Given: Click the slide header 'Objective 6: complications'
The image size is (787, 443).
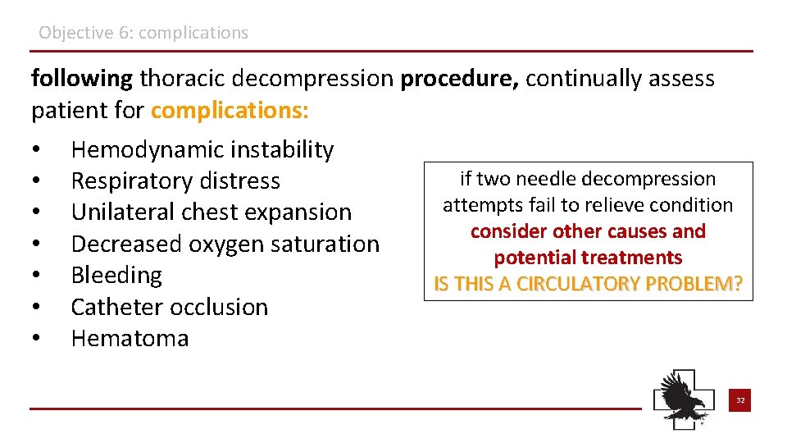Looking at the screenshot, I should pos(143,34).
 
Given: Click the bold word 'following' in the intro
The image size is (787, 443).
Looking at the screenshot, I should pos(81,79).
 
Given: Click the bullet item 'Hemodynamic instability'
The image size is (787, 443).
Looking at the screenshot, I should pos(202,150).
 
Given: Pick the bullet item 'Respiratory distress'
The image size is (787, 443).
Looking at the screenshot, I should pos(175,181).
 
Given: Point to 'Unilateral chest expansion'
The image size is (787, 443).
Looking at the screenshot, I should pos(211,212).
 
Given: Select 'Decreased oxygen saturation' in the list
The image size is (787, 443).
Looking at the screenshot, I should pos(225,244).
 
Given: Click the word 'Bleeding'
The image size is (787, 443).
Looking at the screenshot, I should pos(116,275).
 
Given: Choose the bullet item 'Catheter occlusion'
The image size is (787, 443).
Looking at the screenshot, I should pos(170,307).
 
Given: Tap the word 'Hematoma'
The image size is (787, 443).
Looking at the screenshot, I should pos(130,338).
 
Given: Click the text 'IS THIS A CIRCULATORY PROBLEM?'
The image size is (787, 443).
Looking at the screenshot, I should pos(588,284).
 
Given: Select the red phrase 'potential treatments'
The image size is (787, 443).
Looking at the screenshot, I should pos(588,258).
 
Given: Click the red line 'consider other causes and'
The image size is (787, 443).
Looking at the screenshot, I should pos(588,231).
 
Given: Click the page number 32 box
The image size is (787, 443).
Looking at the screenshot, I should pos(739,400).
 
